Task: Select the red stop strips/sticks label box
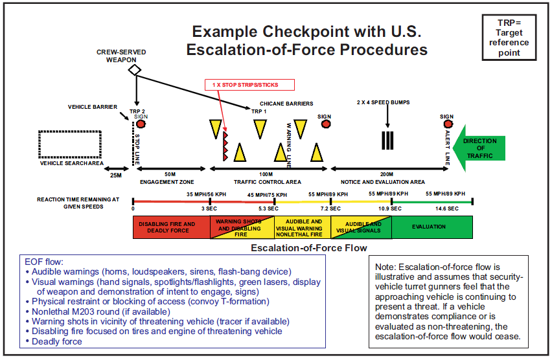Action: [250, 85]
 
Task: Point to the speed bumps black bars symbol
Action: [387, 141]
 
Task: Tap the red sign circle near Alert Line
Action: [446, 124]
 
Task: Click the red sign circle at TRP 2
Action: [141, 124]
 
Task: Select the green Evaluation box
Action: [433, 227]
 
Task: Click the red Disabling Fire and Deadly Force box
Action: [171, 227]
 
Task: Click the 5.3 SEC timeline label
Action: [268, 208]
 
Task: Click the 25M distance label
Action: [116, 175]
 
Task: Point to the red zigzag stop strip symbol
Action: [225, 144]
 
